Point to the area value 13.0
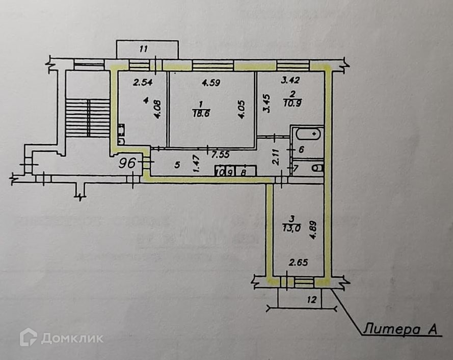291,228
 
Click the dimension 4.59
210,83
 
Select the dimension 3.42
290,80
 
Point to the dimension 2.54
143,82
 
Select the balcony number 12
312,299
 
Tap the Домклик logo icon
28,337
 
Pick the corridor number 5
177,165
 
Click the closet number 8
243,172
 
